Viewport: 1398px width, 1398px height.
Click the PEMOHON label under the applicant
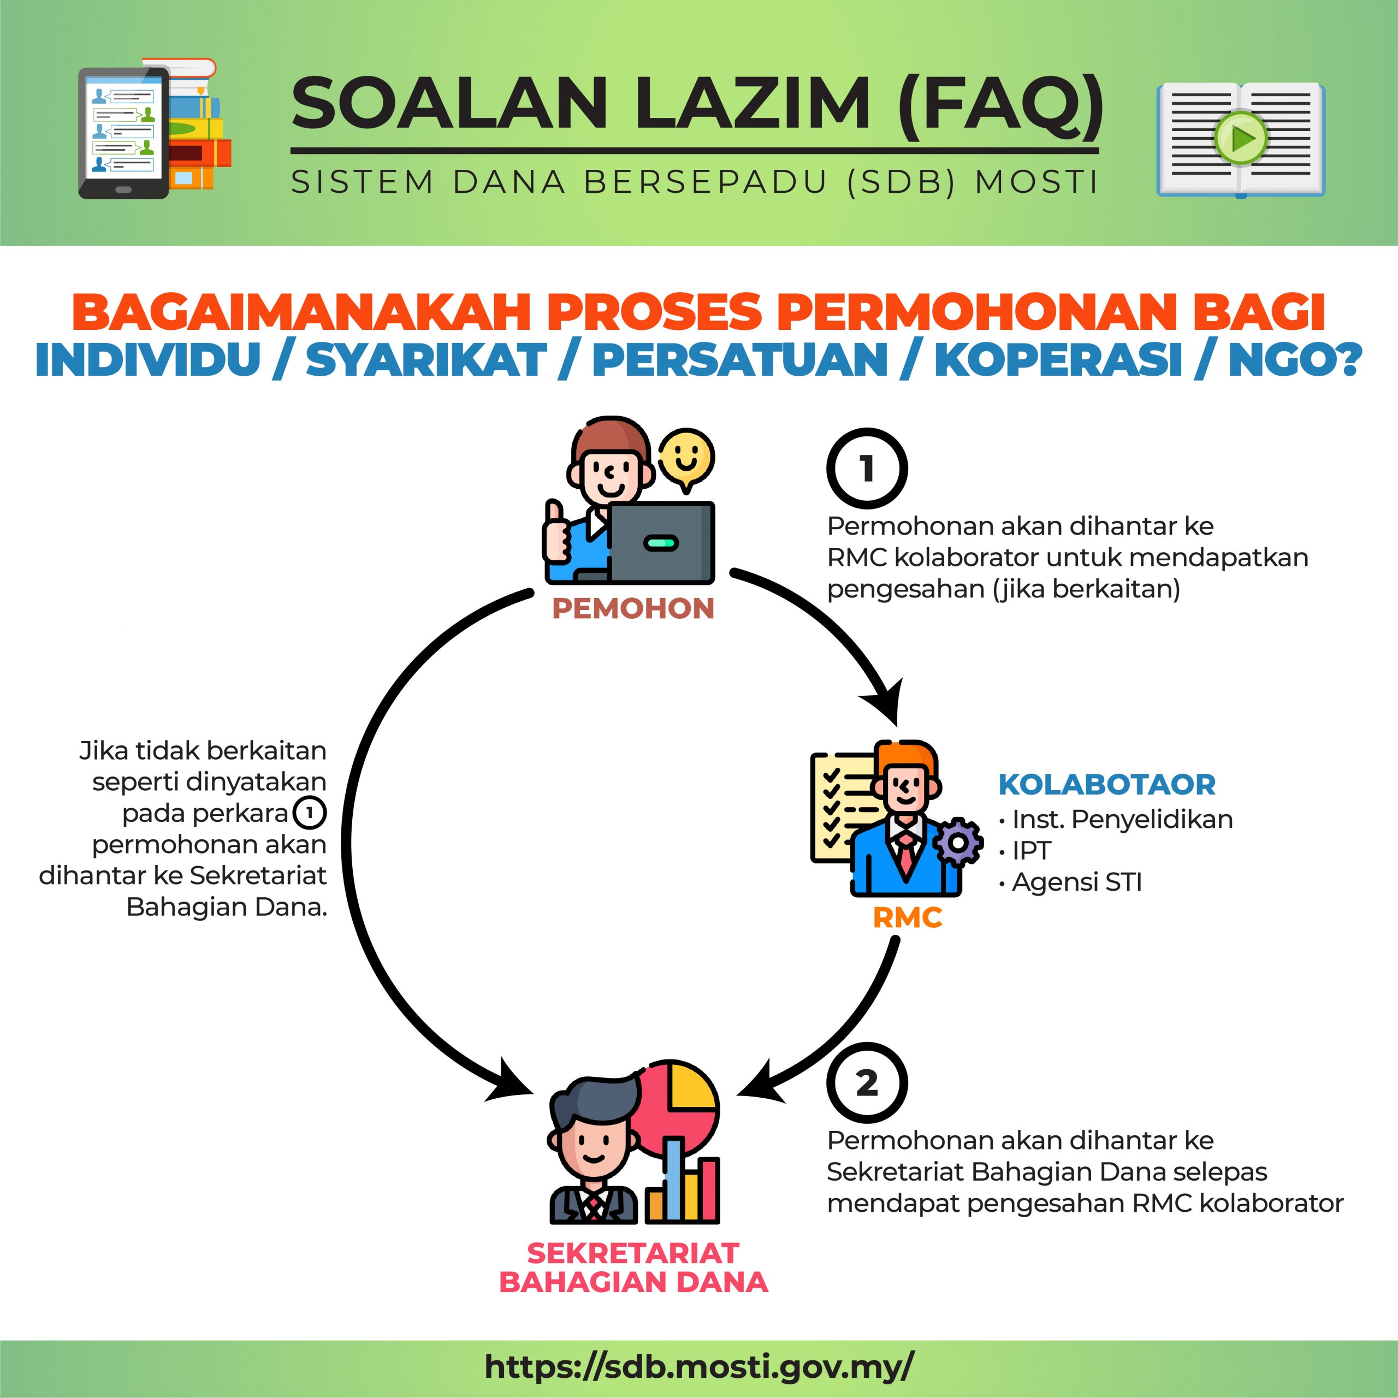tap(632, 608)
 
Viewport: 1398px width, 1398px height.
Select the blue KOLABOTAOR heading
tap(1106, 784)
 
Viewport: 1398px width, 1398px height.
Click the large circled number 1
tap(867, 468)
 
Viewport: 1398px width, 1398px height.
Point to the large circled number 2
tap(867, 1082)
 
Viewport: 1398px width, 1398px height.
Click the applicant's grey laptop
tap(660, 543)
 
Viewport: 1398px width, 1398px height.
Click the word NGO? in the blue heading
tap(1295, 360)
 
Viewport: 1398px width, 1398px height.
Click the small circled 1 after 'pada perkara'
tap(309, 813)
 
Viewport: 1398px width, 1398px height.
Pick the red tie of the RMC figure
tap(905, 854)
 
